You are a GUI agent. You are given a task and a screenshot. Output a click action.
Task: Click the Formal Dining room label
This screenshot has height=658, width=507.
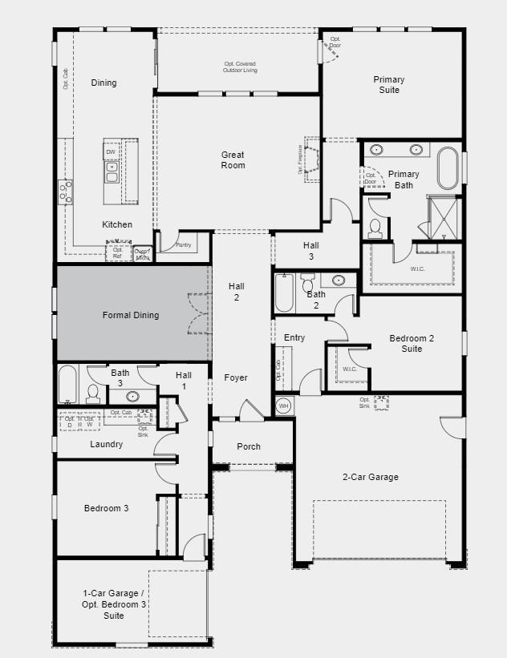(131, 315)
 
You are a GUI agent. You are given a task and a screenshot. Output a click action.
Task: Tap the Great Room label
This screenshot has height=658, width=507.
(233, 160)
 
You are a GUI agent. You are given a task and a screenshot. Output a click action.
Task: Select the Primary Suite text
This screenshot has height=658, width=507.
(388, 85)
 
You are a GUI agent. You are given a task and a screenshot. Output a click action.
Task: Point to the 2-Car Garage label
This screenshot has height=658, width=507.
(370, 477)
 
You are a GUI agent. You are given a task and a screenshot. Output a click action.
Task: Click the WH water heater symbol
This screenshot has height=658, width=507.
(283, 406)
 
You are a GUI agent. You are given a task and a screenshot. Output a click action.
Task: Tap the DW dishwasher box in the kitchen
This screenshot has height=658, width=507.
(111, 151)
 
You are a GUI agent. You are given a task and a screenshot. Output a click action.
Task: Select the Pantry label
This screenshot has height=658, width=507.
(183, 245)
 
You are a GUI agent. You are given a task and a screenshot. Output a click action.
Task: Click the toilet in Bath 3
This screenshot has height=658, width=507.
(93, 393)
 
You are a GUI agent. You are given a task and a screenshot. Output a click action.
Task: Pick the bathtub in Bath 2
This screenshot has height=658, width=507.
(284, 293)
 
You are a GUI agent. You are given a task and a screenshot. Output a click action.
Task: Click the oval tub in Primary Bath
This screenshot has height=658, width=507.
(448, 167)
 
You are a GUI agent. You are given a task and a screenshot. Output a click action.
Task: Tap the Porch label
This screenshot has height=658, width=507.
(249, 446)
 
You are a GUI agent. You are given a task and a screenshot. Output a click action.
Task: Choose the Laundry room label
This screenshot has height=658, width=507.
(106, 444)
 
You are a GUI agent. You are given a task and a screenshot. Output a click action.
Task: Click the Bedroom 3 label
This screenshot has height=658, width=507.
(106, 508)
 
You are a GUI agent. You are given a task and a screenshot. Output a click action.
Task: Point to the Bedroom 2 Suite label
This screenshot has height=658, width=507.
(412, 343)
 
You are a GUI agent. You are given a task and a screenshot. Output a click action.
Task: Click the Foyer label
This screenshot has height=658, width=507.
(236, 377)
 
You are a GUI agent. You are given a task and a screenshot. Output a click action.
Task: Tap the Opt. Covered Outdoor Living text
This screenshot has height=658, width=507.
(240, 67)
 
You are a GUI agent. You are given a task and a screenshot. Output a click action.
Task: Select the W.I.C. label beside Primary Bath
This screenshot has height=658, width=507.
(417, 268)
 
